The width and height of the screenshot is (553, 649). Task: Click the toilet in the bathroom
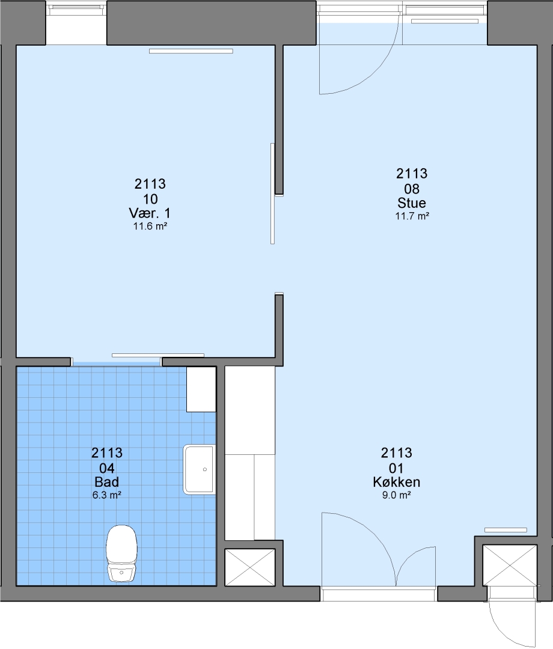point(121,553)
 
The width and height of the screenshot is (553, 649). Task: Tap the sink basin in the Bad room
point(199,469)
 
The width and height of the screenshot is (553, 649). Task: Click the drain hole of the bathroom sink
point(205,469)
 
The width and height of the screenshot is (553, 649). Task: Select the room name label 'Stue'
point(411,203)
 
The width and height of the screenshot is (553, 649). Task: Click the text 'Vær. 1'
point(150,213)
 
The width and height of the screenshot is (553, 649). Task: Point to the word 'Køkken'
point(397,482)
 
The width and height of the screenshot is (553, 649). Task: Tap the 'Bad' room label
point(107,482)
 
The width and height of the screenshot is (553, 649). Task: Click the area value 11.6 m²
point(150,226)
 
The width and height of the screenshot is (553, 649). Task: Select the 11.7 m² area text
point(412,216)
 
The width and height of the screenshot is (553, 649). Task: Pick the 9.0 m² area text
point(397,495)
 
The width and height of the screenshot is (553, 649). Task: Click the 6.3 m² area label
point(107,495)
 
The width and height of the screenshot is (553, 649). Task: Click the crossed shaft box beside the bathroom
point(250,567)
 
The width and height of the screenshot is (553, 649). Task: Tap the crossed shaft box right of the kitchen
point(510,565)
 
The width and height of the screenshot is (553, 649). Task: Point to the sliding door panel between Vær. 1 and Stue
point(272,193)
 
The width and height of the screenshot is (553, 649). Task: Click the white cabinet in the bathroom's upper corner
point(201,389)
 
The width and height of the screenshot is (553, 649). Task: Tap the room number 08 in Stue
point(412,189)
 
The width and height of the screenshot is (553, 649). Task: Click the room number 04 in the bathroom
point(107,468)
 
